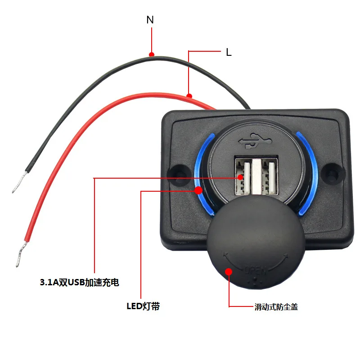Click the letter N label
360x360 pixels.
pyautogui.click(x=150, y=20)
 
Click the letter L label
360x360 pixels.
pyautogui.click(x=229, y=53)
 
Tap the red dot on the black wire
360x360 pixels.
pyautogui.click(x=152, y=54)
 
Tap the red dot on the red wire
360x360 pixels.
pyautogui.click(x=189, y=95)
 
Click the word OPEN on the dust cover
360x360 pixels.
pyautogui.click(x=256, y=271)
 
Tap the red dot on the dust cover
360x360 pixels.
pyautogui.click(x=229, y=271)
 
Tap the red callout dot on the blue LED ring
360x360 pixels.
pyautogui.click(x=198, y=190)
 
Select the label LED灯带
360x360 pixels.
pyautogui.click(x=143, y=307)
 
